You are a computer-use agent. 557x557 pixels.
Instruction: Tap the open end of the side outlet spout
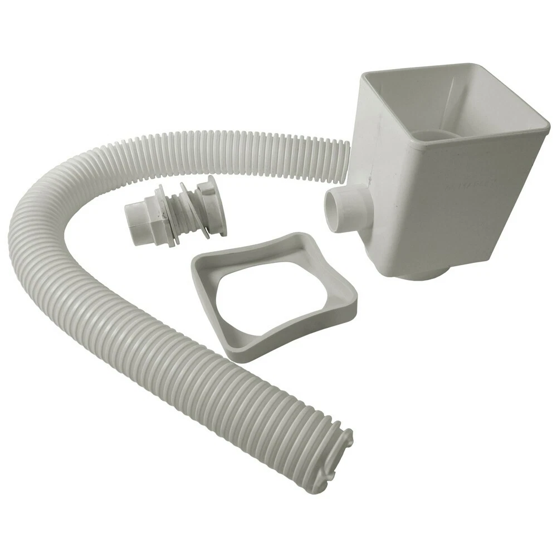point(332,209)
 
